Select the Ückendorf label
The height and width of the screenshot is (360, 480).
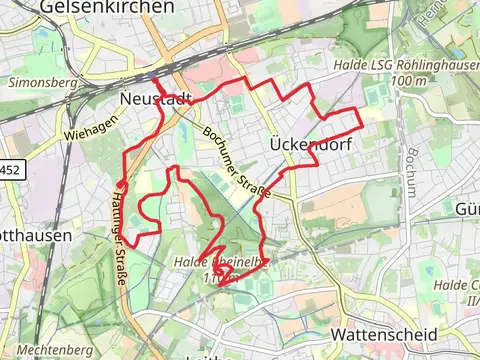[x=311, y=144]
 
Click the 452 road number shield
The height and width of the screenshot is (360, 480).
[x=9, y=170]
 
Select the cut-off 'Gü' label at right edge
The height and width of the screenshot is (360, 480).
[x=468, y=209]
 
